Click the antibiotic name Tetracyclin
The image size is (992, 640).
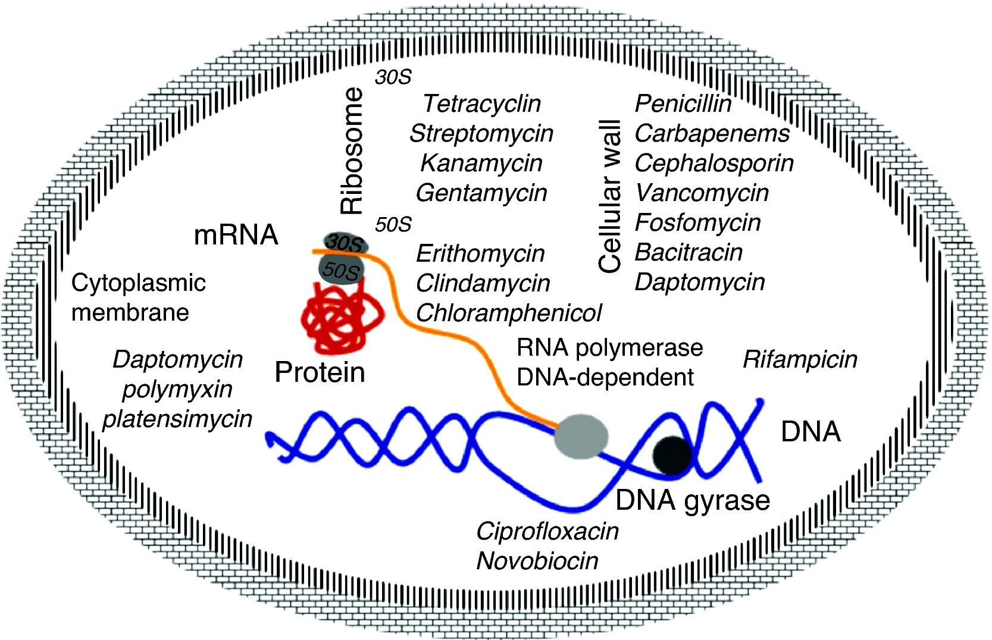pyautogui.click(x=481, y=104)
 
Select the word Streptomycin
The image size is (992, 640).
pyautogui.click(x=481, y=133)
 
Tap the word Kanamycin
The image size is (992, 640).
pyautogui.click(x=481, y=163)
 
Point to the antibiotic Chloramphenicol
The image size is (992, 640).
pyautogui.click(x=508, y=313)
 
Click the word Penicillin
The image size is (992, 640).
pyautogui.click(x=683, y=104)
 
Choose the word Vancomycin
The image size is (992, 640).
pyautogui.click(x=702, y=193)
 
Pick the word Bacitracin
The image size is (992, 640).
pyautogui.click(x=689, y=252)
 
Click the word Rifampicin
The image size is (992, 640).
pyautogui.click(x=800, y=359)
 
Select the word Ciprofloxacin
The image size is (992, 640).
pyautogui.click(x=547, y=531)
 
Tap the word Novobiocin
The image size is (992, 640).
pyautogui.click(x=537, y=561)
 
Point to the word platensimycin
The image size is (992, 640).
pyautogui.click(x=177, y=419)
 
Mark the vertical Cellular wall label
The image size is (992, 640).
pyautogui.click(x=610, y=196)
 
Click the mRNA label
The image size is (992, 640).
pyautogui.click(x=236, y=236)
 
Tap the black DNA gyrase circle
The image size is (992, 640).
pyautogui.click(x=672, y=456)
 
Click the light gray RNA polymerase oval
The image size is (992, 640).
pyautogui.click(x=581, y=438)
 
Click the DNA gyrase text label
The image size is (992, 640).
pyautogui.click(x=692, y=501)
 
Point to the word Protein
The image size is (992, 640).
pyautogui.click(x=320, y=373)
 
